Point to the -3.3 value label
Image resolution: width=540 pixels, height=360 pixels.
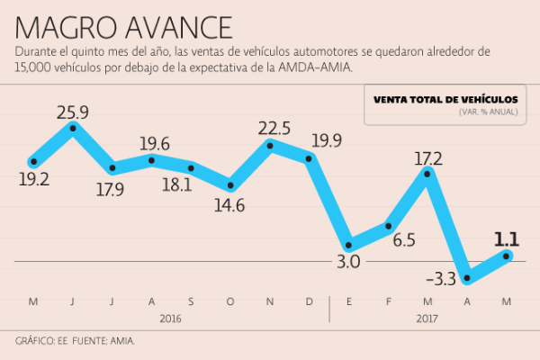pyautogui.click(x=439, y=280)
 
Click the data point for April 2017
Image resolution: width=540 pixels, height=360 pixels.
pyautogui.click(x=467, y=278)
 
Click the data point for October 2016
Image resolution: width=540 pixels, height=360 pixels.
pyautogui.click(x=231, y=186)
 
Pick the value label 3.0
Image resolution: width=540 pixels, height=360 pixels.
pyautogui.click(x=348, y=262)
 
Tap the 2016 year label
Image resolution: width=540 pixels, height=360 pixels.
pyautogui.click(x=171, y=319)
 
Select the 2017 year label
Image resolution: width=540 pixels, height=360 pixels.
pyautogui.click(x=427, y=319)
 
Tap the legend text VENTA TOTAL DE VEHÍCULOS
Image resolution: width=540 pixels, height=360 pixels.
pyautogui.click(x=445, y=98)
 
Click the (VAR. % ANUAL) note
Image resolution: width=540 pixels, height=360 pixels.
pyautogui.click(x=487, y=112)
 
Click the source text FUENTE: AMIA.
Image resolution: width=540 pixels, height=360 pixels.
pyautogui.click(x=103, y=342)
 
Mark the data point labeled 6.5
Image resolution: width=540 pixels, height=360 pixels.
pyautogui.click(x=388, y=225)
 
